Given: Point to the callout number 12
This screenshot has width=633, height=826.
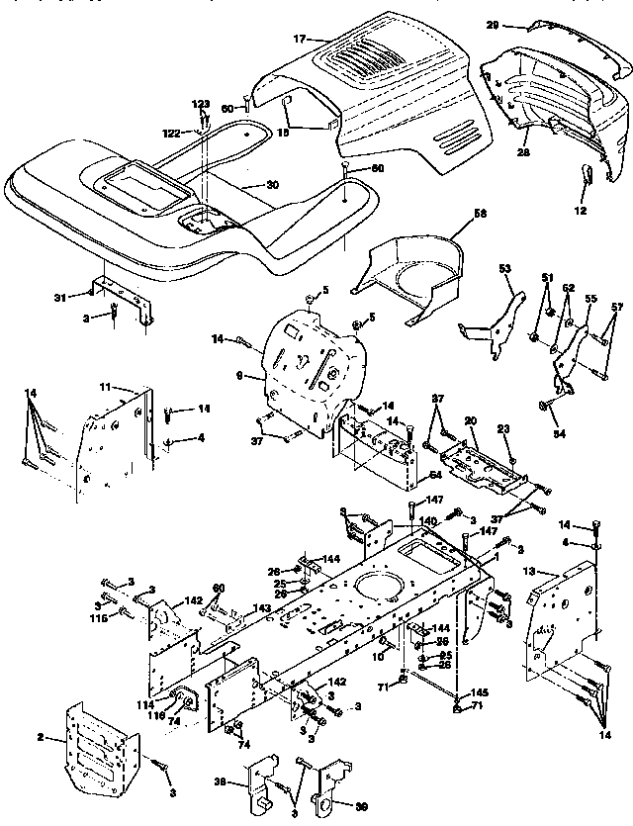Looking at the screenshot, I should (x=580, y=211).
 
